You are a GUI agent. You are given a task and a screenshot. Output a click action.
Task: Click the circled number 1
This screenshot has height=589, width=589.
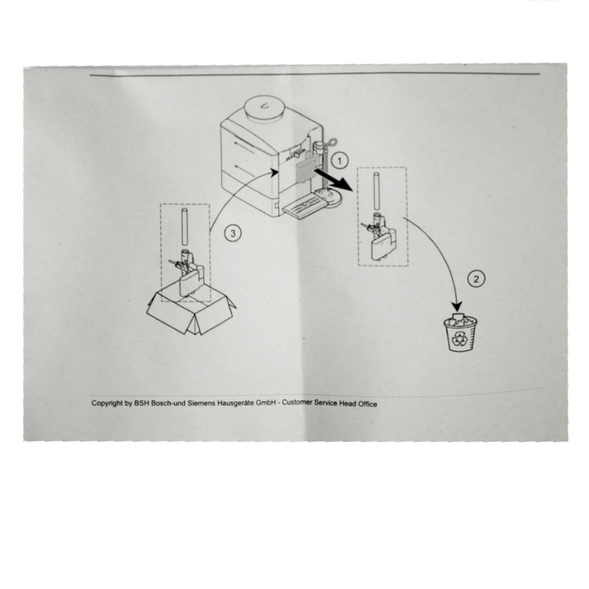(340, 161)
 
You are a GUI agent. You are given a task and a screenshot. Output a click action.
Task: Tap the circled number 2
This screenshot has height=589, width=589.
(477, 279)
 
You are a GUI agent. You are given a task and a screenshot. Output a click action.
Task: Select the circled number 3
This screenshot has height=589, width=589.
(233, 233)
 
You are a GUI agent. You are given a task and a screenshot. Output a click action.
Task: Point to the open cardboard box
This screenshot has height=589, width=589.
(191, 312)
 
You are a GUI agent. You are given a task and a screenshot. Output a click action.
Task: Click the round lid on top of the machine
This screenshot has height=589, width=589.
(264, 108)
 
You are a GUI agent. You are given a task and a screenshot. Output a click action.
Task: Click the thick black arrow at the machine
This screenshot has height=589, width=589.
(333, 180)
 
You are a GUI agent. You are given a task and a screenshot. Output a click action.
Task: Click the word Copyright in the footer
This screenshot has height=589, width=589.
(107, 403)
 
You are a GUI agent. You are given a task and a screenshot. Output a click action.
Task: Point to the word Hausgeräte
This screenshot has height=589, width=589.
(236, 403)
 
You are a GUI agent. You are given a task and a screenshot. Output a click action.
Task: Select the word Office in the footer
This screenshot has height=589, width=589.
(368, 404)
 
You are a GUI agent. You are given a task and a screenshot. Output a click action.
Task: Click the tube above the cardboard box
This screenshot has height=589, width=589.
(184, 227)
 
